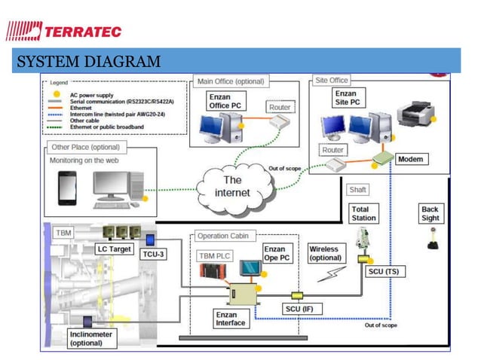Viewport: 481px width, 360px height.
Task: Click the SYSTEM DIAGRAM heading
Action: click(x=87, y=61)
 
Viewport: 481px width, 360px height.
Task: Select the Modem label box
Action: click(x=411, y=160)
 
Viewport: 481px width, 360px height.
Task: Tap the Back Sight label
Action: click(x=430, y=213)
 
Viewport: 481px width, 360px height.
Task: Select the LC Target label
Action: click(x=112, y=249)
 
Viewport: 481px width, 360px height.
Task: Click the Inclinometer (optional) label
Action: click(x=90, y=338)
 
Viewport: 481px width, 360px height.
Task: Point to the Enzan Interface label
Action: click(x=231, y=319)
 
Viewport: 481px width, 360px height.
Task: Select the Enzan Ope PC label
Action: click(x=274, y=252)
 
